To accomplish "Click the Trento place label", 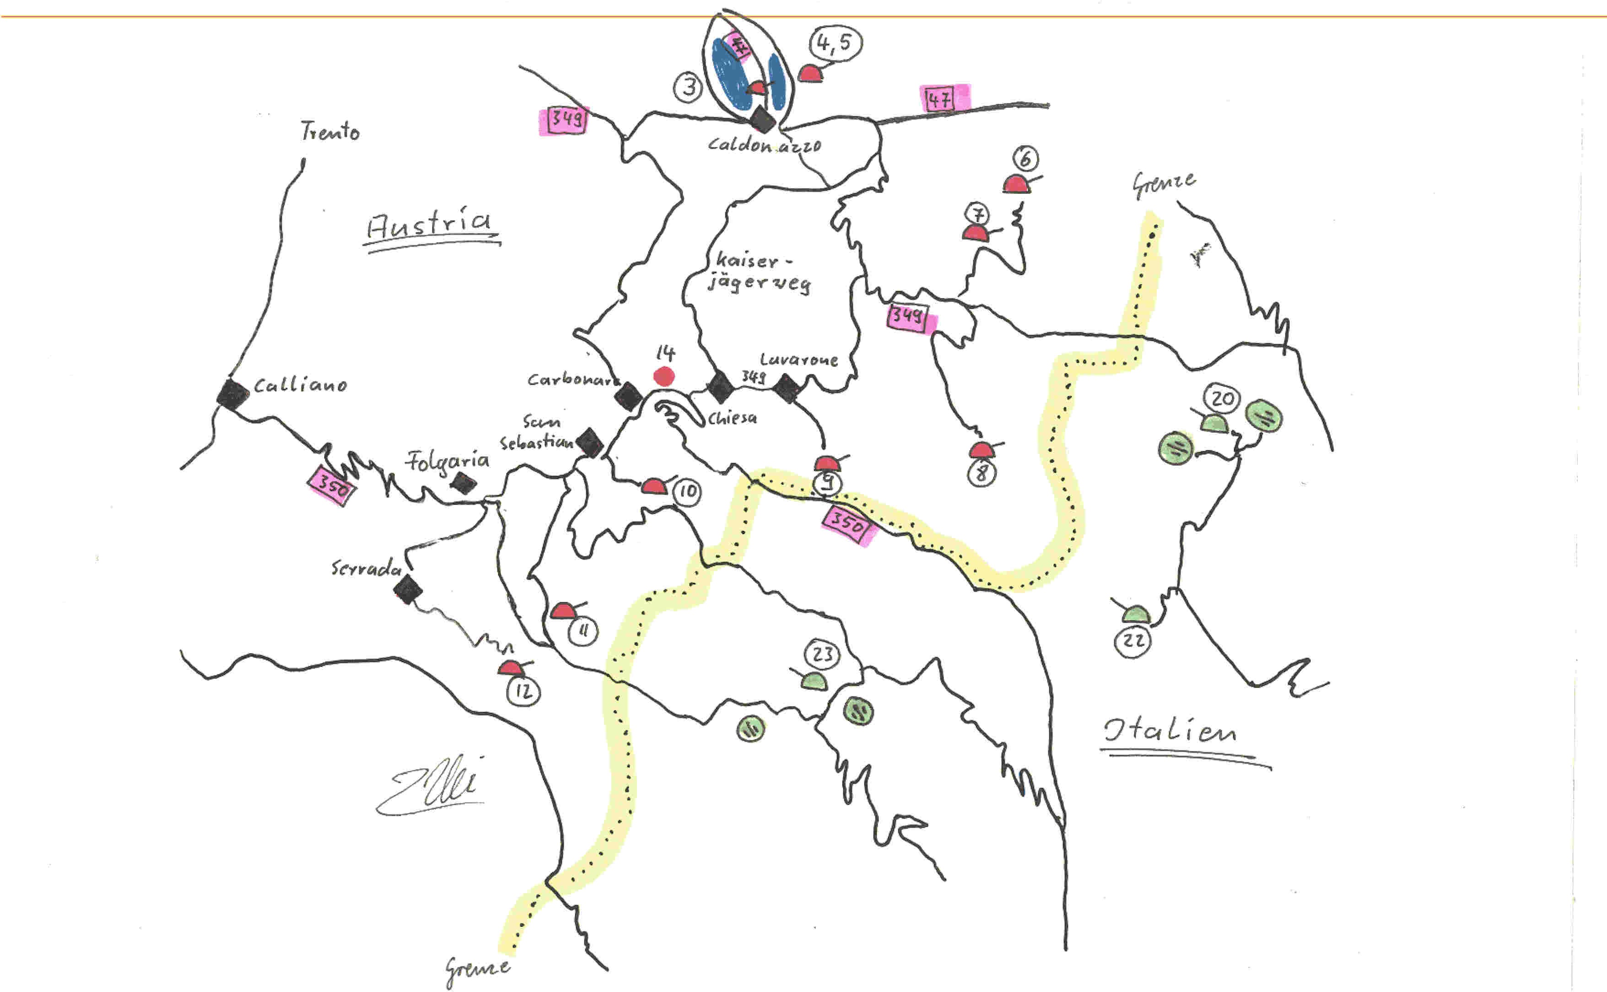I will (330, 131).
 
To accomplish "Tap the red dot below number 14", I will (664, 377).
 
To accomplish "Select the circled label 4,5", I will (836, 44).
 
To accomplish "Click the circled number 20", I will (1223, 398).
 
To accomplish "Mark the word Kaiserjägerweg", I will (759, 272).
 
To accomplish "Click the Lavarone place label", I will (798, 360).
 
